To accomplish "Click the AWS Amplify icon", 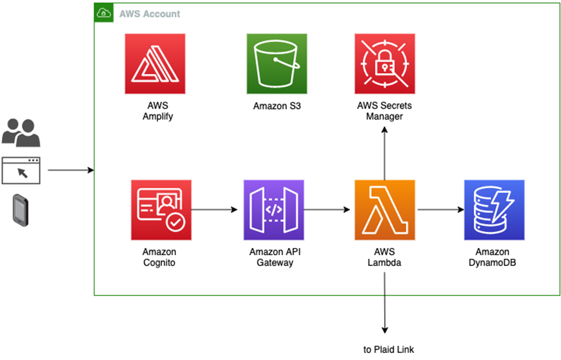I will (155, 64).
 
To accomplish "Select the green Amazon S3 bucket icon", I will (276, 64).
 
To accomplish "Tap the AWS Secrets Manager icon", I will (384, 64).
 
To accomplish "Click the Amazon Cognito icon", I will (161, 210).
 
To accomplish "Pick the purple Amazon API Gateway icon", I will (274, 210).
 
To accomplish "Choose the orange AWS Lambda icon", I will (384, 210).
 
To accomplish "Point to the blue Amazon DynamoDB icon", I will (494, 210).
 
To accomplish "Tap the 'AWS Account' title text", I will (150, 13).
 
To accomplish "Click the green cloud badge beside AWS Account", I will (104, 13).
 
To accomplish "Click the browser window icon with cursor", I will (21, 171).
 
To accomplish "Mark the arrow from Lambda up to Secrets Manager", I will (384, 153).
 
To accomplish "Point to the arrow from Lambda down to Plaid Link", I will (384, 301).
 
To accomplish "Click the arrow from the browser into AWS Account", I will (70, 171).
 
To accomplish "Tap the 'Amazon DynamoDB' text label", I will (493, 257).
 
